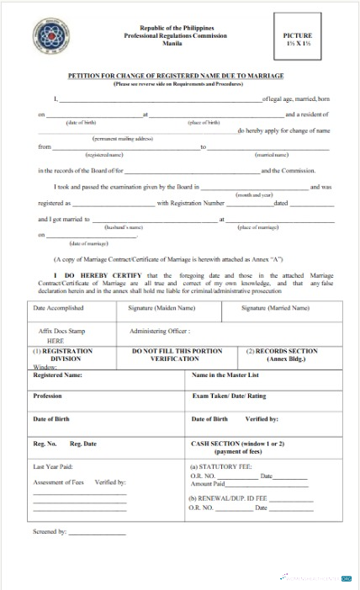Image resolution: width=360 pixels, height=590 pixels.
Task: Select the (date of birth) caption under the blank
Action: pos(82,123)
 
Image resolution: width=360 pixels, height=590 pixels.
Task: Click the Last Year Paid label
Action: pos(53,466)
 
